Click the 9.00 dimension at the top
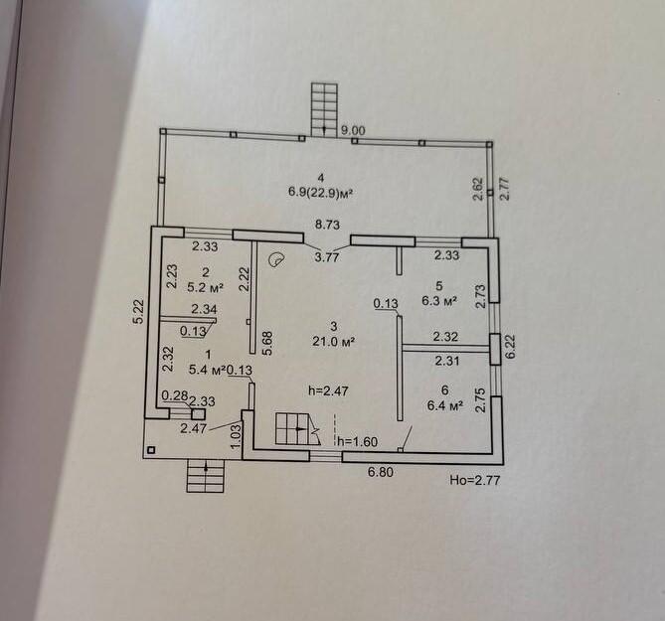click(353, 130)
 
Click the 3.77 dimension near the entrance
click(327, 257)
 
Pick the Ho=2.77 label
click(472, 480)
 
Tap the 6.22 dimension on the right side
click(511, 345)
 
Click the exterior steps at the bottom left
click(204, 478)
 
